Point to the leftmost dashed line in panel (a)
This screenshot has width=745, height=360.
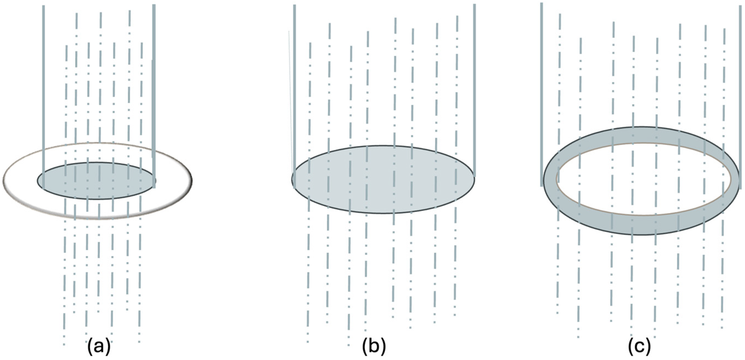pyautogui.click(x=66, y=116)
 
